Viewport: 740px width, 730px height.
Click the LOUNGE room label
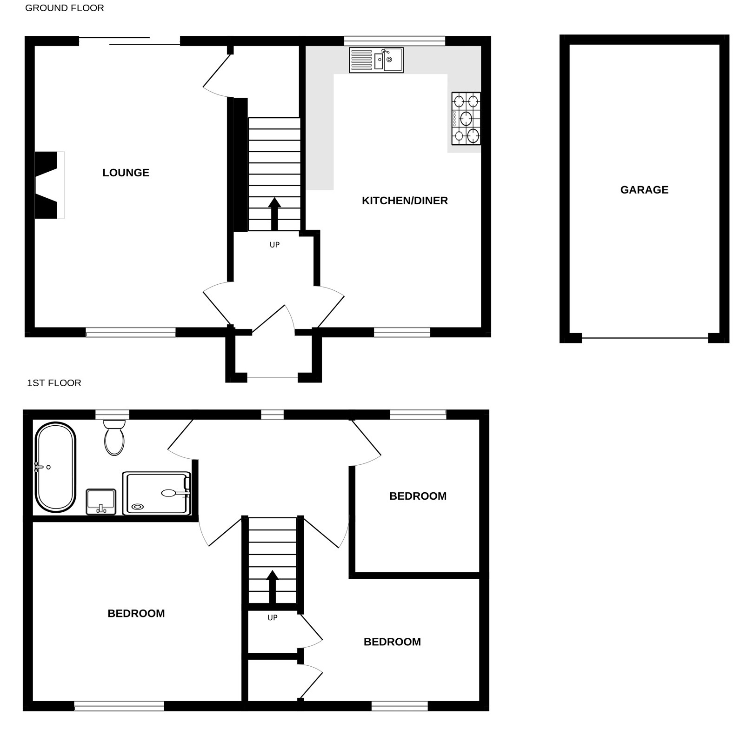[x=126, y=173]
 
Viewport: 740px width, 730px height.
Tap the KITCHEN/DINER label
[x=405, y=201]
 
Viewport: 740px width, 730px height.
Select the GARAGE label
[x=644, y=190]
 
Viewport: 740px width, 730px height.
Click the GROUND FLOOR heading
[x=65, y=8]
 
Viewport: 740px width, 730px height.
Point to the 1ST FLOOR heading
[x=54, y=383]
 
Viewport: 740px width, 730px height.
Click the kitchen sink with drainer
[x=376, y=60]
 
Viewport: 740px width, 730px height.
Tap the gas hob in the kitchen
[x=466, y=119]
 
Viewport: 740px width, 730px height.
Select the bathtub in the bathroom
[x=56, y=467]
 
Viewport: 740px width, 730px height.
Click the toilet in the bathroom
[x=114, y=437]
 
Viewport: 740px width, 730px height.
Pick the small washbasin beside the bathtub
[x=101, y=502]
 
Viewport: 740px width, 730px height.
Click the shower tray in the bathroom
[x=157, y=493]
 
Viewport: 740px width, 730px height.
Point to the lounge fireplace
[x=49, y=185]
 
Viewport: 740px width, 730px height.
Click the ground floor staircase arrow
[x=274, y=214]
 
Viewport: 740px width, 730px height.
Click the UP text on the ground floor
[x=274, y=245]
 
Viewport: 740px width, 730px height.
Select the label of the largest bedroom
[x=136, y=613]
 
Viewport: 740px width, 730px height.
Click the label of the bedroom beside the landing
[x=418, y=496]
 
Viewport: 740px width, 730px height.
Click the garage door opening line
[x=645, y=338]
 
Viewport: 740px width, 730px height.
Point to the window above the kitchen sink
[x=394, y=41]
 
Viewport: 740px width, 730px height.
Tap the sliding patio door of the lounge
[x=129, y=41]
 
